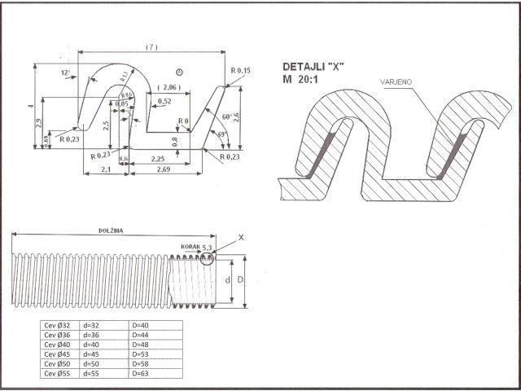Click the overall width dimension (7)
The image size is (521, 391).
[x=151, y=47]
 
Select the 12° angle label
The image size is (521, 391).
[x=65, y=73]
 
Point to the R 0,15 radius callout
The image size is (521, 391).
[x=240, y=71]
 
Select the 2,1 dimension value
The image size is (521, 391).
[x=106, y=169]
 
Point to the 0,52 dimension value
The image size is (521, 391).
[x=164, y=101]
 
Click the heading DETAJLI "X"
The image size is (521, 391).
[x=313, y=66]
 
